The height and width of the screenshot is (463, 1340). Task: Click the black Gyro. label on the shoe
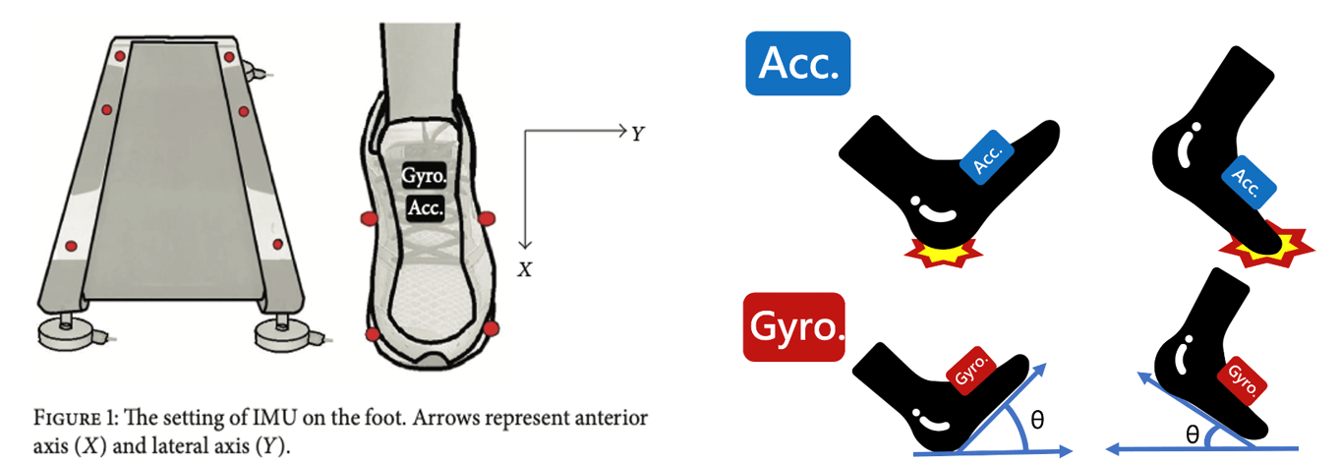425,177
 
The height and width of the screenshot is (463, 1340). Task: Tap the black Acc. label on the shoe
425,206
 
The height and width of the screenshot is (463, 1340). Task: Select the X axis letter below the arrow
526,268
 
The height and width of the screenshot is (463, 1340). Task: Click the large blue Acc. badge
797,64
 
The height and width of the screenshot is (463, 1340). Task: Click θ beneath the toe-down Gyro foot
1192,434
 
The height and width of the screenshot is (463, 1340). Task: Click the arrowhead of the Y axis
621,130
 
